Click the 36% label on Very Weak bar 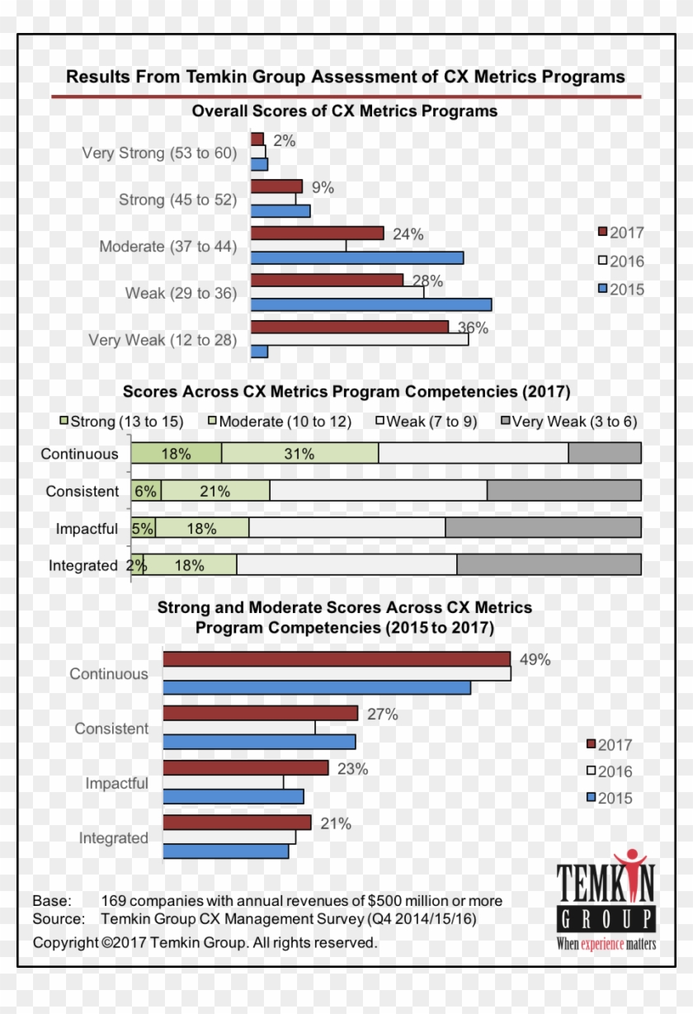[473, 328]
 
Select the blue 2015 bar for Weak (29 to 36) [370, 304]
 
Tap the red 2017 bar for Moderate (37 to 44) [317, 233]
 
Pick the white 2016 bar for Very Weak [359, 339]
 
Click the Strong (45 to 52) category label [177, 200]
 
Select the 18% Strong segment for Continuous [176, 453]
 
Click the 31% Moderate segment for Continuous [299, 453]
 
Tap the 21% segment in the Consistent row [214, 491]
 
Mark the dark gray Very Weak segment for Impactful [543, 528]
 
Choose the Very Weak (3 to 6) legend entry [568, 422]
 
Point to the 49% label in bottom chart [535, 659]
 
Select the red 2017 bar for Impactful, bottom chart [245, 768]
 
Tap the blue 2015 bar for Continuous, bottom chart [317, 688]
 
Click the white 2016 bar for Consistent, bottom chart [238, 728]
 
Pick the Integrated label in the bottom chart [113, 838]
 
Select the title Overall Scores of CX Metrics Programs [344, 111]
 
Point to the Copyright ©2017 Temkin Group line [205, 942]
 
